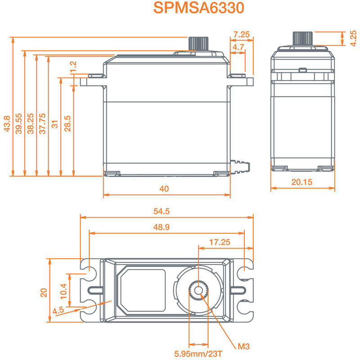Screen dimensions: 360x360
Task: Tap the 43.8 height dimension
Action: pyautogui.click(x=7, y=124)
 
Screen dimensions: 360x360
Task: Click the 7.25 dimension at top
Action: pyautogui.click(x=242, y=35)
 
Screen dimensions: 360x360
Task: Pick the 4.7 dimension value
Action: pyautogui.click(x=238, y=46)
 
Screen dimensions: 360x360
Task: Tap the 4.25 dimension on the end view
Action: pyautogui.click(x=353, y=39)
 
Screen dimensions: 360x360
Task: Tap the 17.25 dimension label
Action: pyautogui.click(x=220, y=242)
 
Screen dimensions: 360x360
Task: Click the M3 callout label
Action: pyautogui.click(x=243, y=346)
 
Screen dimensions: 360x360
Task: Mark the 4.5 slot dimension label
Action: pyautogui.click(x=58, y=310)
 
